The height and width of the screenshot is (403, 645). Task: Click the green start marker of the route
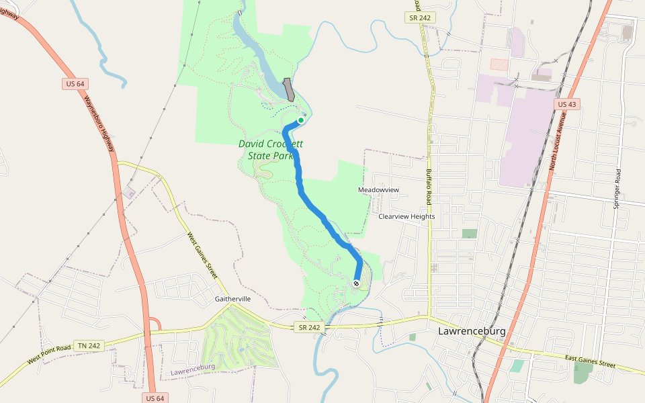click(301, 121)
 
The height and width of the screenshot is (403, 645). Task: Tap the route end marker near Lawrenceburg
click(356, 283)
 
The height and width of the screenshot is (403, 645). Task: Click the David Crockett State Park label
click(271, 150)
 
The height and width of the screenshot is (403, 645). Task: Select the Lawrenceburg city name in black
click(471, 331)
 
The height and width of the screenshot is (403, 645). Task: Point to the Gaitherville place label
click(232, 298)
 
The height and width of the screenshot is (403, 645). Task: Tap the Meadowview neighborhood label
click(378, 190)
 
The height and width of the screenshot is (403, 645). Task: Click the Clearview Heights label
click(406, 217)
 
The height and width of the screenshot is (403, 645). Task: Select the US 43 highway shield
click(567, 104)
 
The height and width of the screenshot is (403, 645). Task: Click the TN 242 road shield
click(89, 345)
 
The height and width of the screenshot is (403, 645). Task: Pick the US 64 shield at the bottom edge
click(155, 398)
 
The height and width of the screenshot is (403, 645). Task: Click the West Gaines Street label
click(202, 256)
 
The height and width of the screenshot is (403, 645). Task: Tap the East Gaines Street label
click(591, 363)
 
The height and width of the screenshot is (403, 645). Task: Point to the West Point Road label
click(49, 355)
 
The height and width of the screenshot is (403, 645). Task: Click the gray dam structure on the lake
click(290, 90)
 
